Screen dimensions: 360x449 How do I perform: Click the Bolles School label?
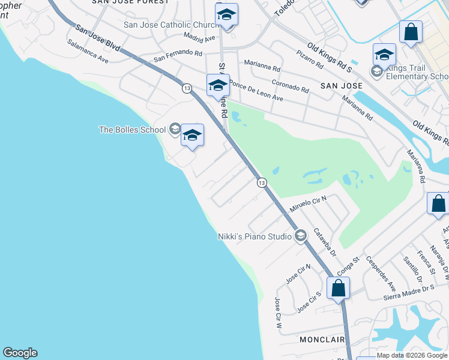(133, 130)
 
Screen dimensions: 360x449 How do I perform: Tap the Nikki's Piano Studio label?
(255, 236)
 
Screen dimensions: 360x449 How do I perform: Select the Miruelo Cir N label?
(307, 207)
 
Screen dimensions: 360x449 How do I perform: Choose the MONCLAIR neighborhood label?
(321, 340)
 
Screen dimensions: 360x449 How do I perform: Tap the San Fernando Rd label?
(178, 56)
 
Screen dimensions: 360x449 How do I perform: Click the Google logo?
(20, 353)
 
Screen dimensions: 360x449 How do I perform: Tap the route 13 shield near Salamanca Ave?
(187, 88)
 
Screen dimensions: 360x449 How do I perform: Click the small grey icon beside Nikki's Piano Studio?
(301, 236)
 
